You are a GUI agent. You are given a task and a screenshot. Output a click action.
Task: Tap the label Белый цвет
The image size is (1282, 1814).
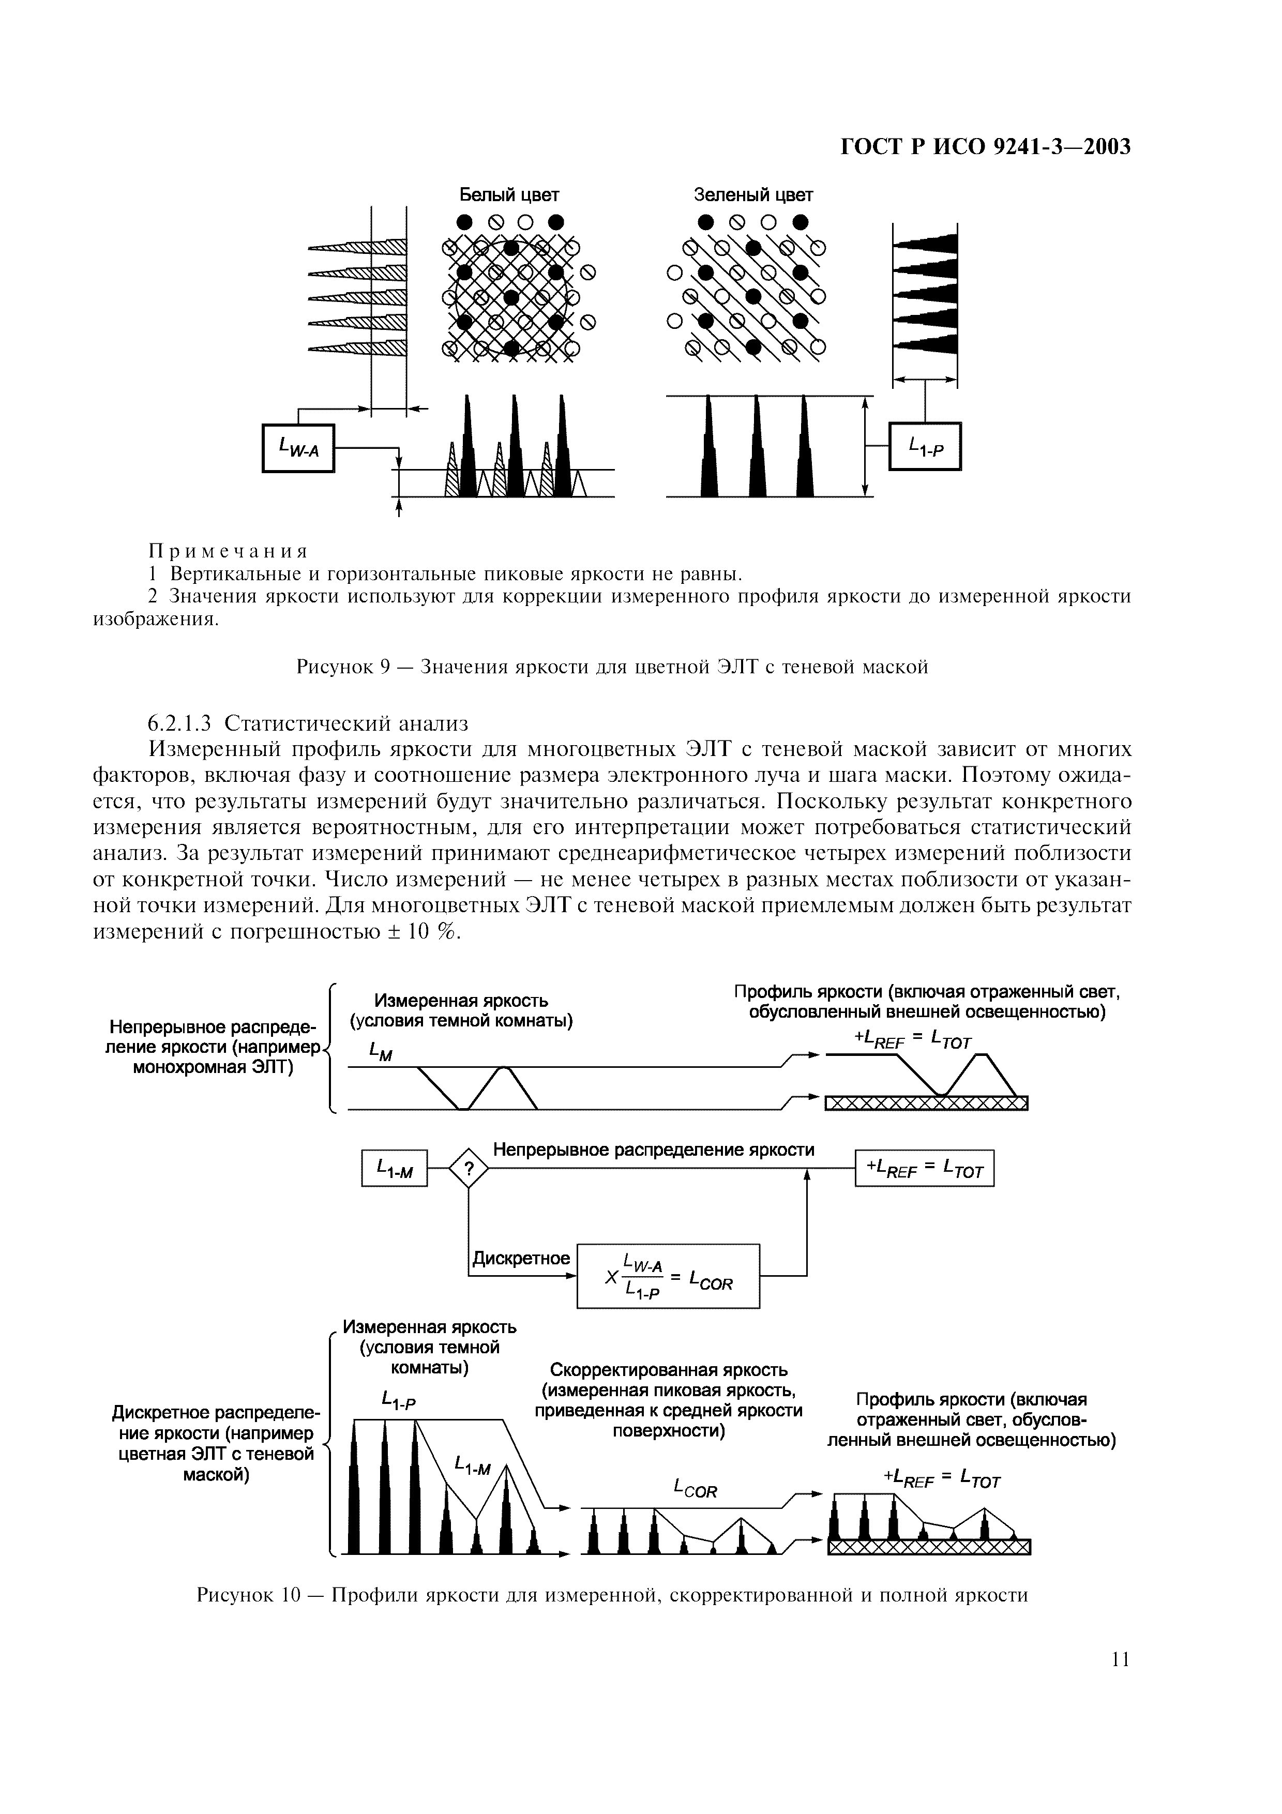pos(509,194)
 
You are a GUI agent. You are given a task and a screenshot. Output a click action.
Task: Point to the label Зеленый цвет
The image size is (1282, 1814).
pos(753,194)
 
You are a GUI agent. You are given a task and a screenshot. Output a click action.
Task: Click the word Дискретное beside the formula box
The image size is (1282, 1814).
pos(521,1258)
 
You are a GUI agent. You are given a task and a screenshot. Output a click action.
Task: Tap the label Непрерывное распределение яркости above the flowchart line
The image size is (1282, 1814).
pos(653,1150)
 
